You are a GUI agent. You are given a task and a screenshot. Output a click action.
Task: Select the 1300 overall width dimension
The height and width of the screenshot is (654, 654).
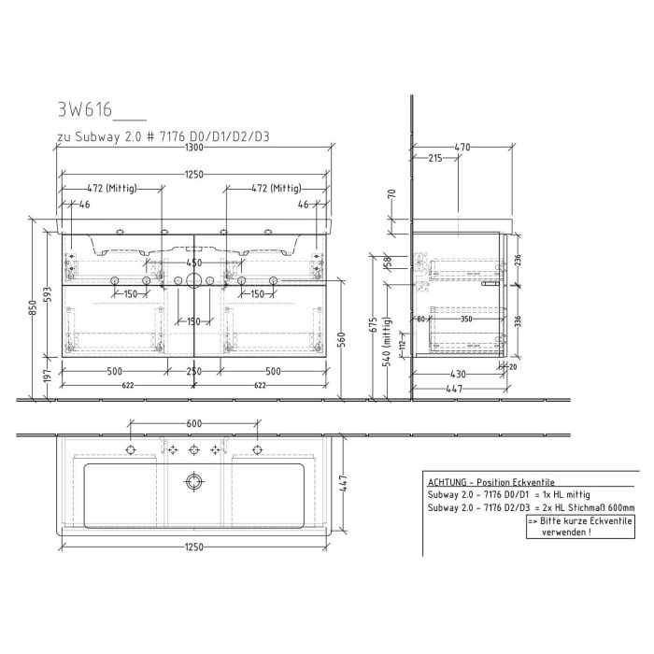point(194,148)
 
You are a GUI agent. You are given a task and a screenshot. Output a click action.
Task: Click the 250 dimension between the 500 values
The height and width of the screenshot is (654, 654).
point(193,372)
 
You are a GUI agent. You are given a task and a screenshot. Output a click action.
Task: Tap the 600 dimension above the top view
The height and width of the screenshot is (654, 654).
point(194,423)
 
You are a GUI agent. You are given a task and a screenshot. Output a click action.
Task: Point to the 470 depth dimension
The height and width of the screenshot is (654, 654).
point(462,147)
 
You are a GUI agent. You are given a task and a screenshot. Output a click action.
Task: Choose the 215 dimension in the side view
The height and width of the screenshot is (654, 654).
point(434,159)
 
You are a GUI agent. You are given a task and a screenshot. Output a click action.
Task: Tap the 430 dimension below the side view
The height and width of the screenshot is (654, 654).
point(458,375)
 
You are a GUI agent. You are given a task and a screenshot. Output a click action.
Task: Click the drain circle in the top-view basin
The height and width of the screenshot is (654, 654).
point(194,482)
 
